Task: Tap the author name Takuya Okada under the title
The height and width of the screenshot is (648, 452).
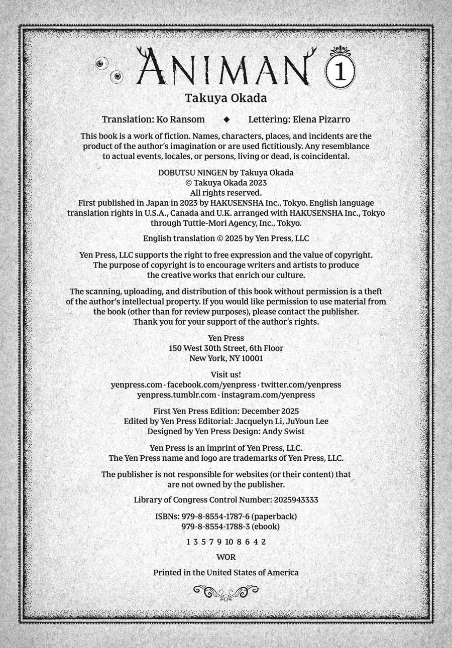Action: (x=225, y=98)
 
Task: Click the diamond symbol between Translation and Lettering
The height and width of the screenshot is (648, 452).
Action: (x=227, y=119)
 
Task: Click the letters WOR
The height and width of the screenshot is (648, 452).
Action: (x=225, y=557)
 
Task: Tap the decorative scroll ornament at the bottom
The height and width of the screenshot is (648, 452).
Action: (x=225, y=592)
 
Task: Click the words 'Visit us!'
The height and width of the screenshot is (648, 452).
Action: (x=225, y=374)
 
